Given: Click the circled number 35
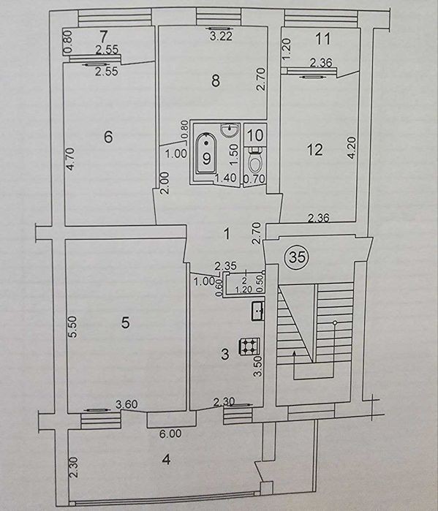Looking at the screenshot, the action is coord(297,257).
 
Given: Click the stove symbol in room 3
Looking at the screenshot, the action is coord(250,347).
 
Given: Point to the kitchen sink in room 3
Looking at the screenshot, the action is coord(258,311).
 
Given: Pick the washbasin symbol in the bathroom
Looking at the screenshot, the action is coord(230,129).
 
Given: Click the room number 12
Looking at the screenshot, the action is coord(315,150).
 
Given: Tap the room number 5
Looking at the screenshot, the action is coord(125,323).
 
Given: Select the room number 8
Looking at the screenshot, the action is coord(216,81).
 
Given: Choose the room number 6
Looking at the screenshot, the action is coord(108,137).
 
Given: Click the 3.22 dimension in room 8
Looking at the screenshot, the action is coord(222,36).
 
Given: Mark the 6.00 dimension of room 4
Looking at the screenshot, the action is coord(170,434).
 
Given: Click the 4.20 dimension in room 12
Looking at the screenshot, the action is coord(352,148).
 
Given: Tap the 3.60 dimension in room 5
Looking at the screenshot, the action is coord(127,404).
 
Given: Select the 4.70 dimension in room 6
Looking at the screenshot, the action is coord(71,159).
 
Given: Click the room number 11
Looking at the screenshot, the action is coord(323,39).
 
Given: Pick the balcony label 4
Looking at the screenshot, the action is coord(167,460).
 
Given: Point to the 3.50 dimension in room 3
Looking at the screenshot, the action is coord(258,366).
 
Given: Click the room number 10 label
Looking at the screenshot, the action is coord(255,135).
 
